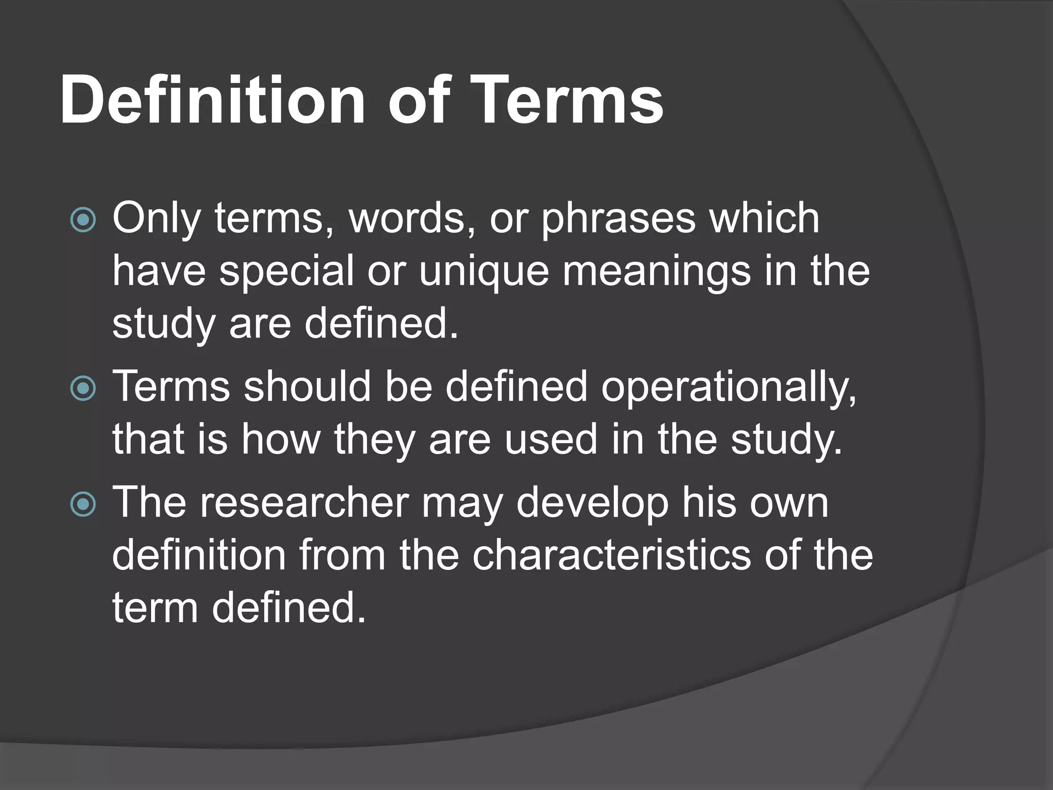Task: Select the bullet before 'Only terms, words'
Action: (x=83, y=220)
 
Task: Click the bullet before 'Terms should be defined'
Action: (x=83, y=388)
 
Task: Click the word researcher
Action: (x=305, y=502)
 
